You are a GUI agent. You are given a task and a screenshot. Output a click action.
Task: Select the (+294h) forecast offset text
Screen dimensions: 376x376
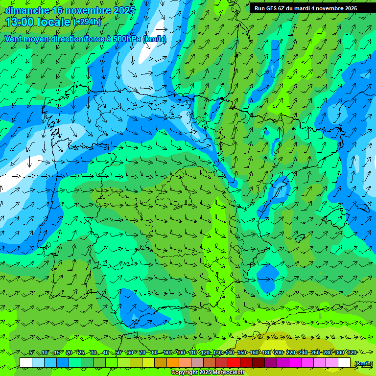(x=87, y=22)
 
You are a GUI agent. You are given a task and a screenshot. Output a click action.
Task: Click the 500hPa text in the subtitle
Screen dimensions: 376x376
(x=127, y=39)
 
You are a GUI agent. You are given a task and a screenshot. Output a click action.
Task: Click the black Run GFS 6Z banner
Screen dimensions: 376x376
(x=305, y=8)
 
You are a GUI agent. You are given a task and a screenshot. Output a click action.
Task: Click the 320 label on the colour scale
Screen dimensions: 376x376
(x=352, y=352)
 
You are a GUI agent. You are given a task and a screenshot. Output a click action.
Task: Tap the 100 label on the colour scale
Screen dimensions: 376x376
(x=181, y=352)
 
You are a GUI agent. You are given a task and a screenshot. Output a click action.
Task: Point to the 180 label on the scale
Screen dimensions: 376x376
(x=266, y=352)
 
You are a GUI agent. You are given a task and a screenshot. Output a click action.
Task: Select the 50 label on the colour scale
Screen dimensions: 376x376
(x=118, y=352)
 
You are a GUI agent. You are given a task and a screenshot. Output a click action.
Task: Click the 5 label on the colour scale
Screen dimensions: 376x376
(x=31, y=352)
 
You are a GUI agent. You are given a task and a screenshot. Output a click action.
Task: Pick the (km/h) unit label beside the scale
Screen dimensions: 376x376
(x=363, y=363)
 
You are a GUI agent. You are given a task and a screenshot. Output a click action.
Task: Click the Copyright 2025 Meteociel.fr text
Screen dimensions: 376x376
(x=208, y=373)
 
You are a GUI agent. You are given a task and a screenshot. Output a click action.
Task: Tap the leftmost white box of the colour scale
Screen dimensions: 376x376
(x=26, y=363)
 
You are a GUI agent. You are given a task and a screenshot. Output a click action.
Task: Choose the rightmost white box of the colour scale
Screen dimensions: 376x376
(x=344, y=363)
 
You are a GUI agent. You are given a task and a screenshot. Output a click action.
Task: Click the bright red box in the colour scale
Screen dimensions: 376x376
(x=234, y=363)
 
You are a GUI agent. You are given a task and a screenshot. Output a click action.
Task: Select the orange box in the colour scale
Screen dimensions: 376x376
(x=173, y=363)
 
